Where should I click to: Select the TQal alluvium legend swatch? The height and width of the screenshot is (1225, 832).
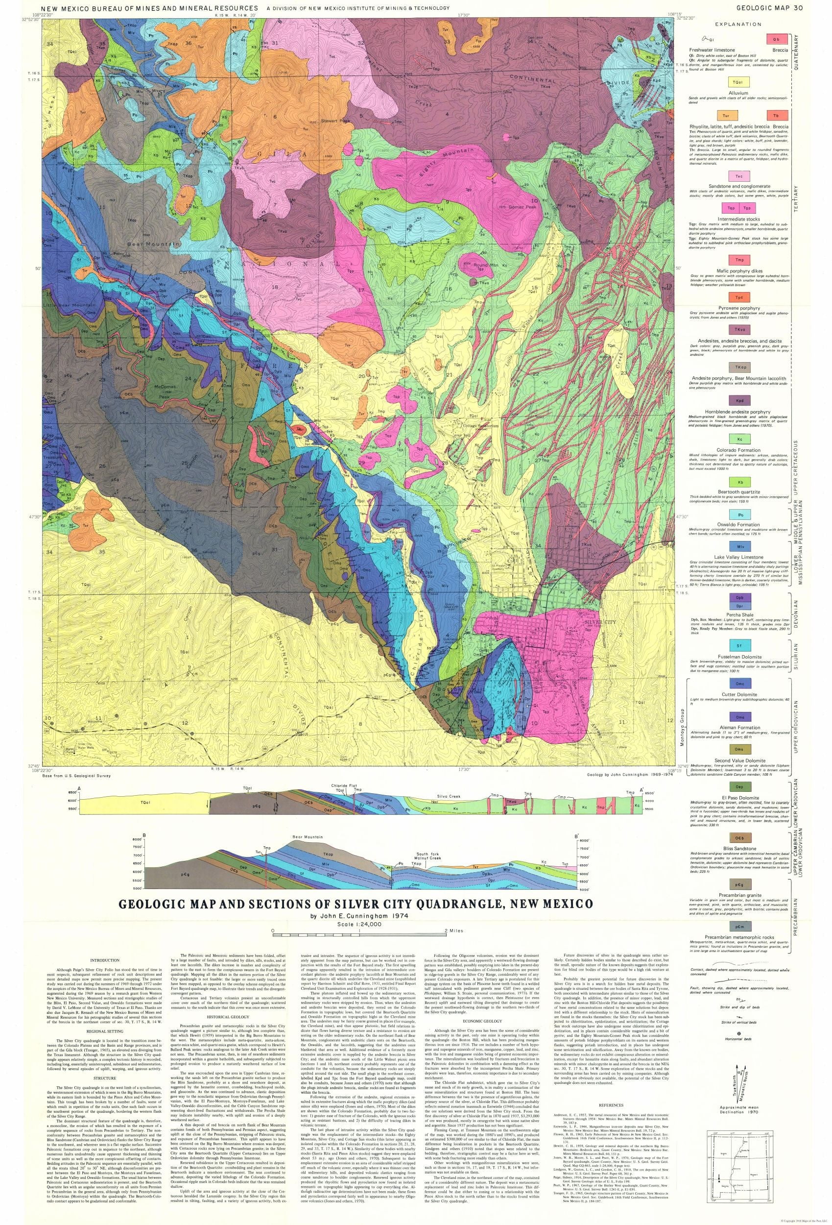click(x=736, y=82)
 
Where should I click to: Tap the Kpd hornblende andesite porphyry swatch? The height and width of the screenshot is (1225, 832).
click(x=736, y=400)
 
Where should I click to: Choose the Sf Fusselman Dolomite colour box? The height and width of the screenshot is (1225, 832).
click(x=736, y=645)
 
